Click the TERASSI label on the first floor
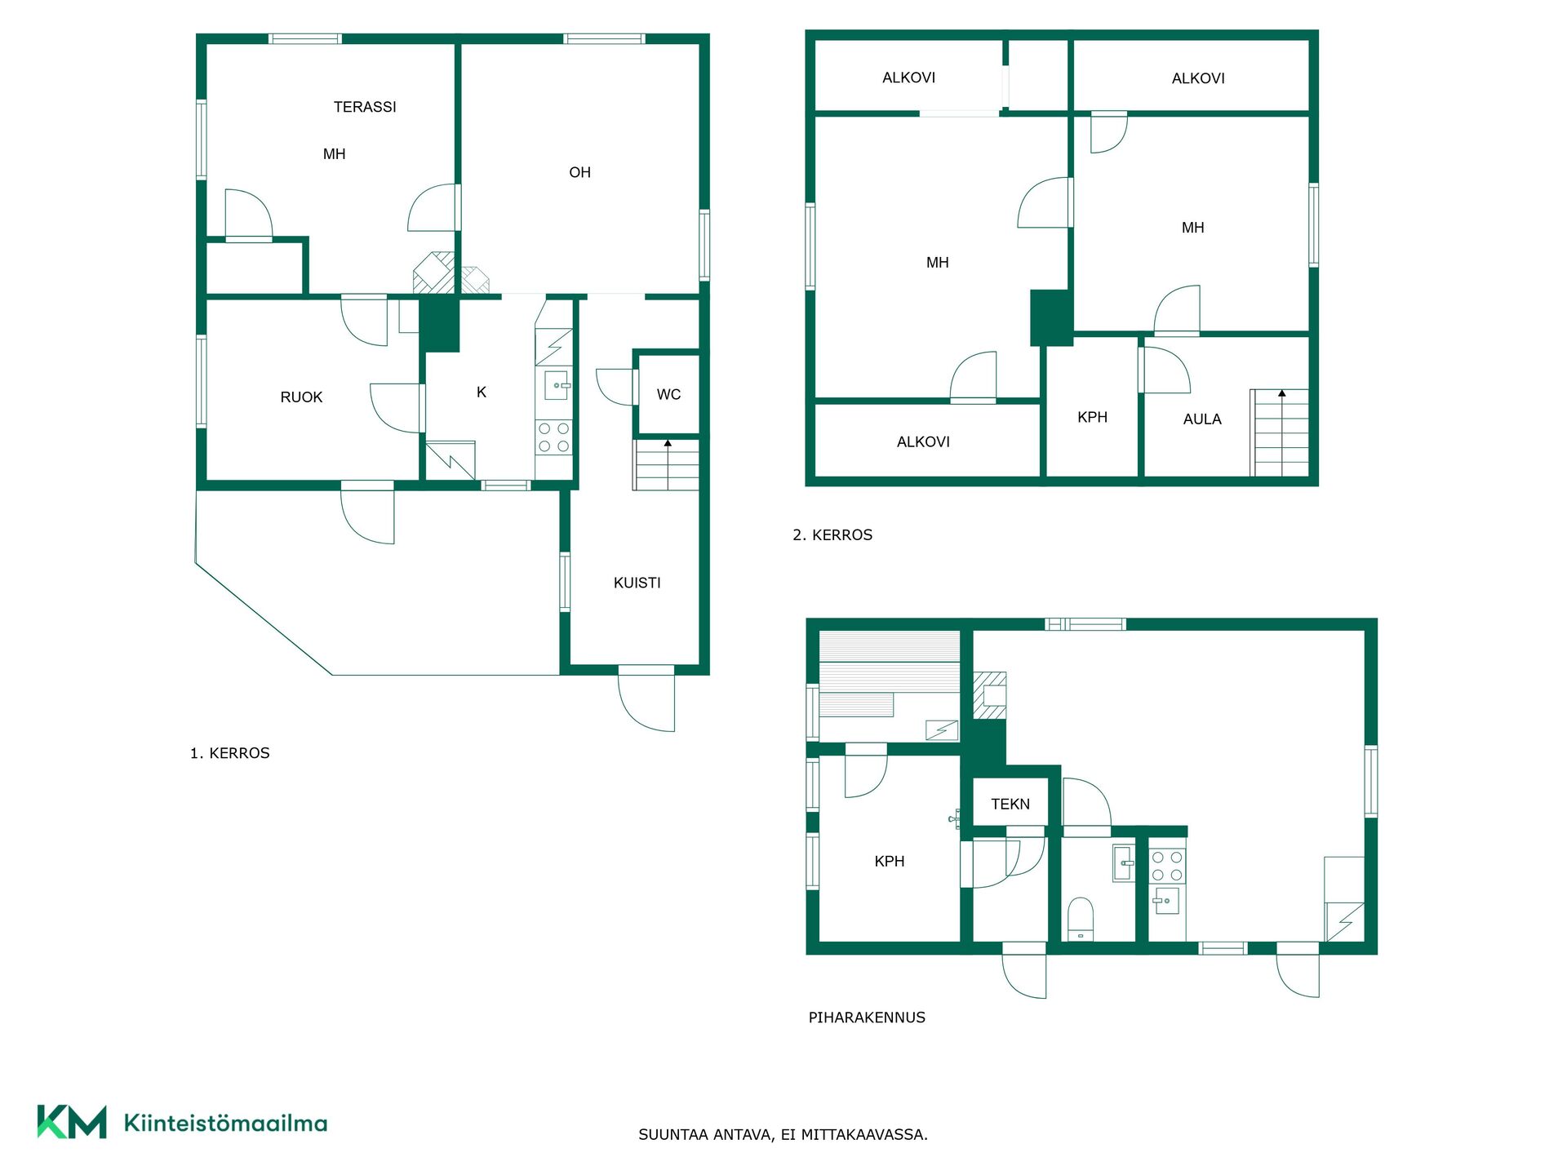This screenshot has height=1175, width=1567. pos(365,107)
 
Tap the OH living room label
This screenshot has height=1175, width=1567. pos(579,172)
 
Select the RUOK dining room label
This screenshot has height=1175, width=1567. pos(301,397)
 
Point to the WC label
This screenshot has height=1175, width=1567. pos(668,395)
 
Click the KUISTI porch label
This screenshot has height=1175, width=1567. pos(637,583)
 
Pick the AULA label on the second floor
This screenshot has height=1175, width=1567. pos(1202,419)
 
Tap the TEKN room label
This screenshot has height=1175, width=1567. pos(1010,805)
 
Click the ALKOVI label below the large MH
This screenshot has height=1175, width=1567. pos(923,442)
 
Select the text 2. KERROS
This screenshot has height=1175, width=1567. pos(832,535)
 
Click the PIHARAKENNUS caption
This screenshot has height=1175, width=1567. pos(867,1018)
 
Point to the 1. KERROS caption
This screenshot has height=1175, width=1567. pos(229,753)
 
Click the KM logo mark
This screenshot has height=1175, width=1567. pos(72,1122)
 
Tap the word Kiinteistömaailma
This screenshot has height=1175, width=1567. pos(225,1123)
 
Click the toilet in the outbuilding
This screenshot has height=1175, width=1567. pos(1081,919)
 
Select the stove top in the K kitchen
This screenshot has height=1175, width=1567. pos(553,437)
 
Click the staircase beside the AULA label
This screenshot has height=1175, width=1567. pos(1279,433)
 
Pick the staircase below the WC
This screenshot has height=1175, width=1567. pos(666,465)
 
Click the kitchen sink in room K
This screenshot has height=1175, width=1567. pos(556,385)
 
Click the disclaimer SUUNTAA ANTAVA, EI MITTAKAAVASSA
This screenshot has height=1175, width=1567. pos(783,1135)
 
